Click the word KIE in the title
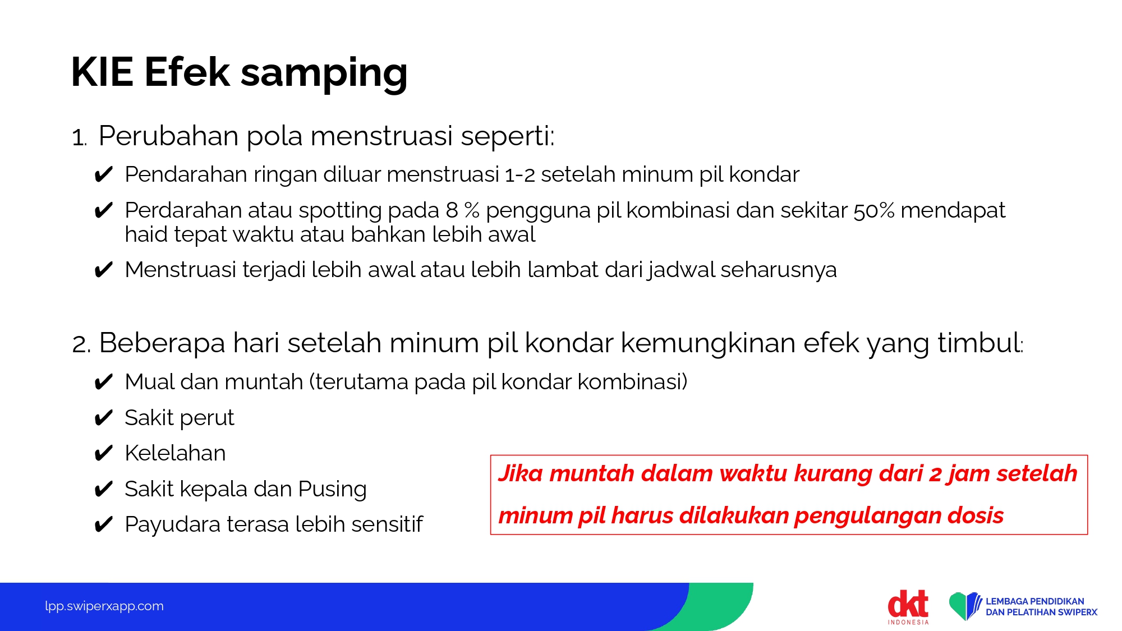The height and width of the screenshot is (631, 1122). (x=102, y=72)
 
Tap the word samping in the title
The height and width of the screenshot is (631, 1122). (x=324, y=75)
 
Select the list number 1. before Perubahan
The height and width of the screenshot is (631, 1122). (x=79, y=137)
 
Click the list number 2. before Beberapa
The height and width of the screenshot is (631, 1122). (x=81, y=344)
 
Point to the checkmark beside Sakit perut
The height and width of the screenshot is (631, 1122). (x=104, y=418)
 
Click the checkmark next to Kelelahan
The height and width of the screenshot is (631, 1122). (x=104, y=453)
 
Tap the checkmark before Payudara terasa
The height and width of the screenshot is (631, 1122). (x=104, y=524)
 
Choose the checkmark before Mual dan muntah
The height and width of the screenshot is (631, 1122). (x=104, y=382)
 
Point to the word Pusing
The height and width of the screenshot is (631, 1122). (x=332, y=490)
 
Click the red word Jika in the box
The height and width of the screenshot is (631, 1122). (x=521, y=473)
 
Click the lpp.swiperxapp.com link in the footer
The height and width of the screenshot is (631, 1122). (x=104, y=606)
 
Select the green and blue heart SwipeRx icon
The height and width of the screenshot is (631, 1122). (x=965, y=606)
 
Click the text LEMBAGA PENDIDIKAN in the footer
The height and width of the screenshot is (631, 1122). (x=1035, y=601)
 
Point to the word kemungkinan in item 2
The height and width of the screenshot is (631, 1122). (x=707, y=344)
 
